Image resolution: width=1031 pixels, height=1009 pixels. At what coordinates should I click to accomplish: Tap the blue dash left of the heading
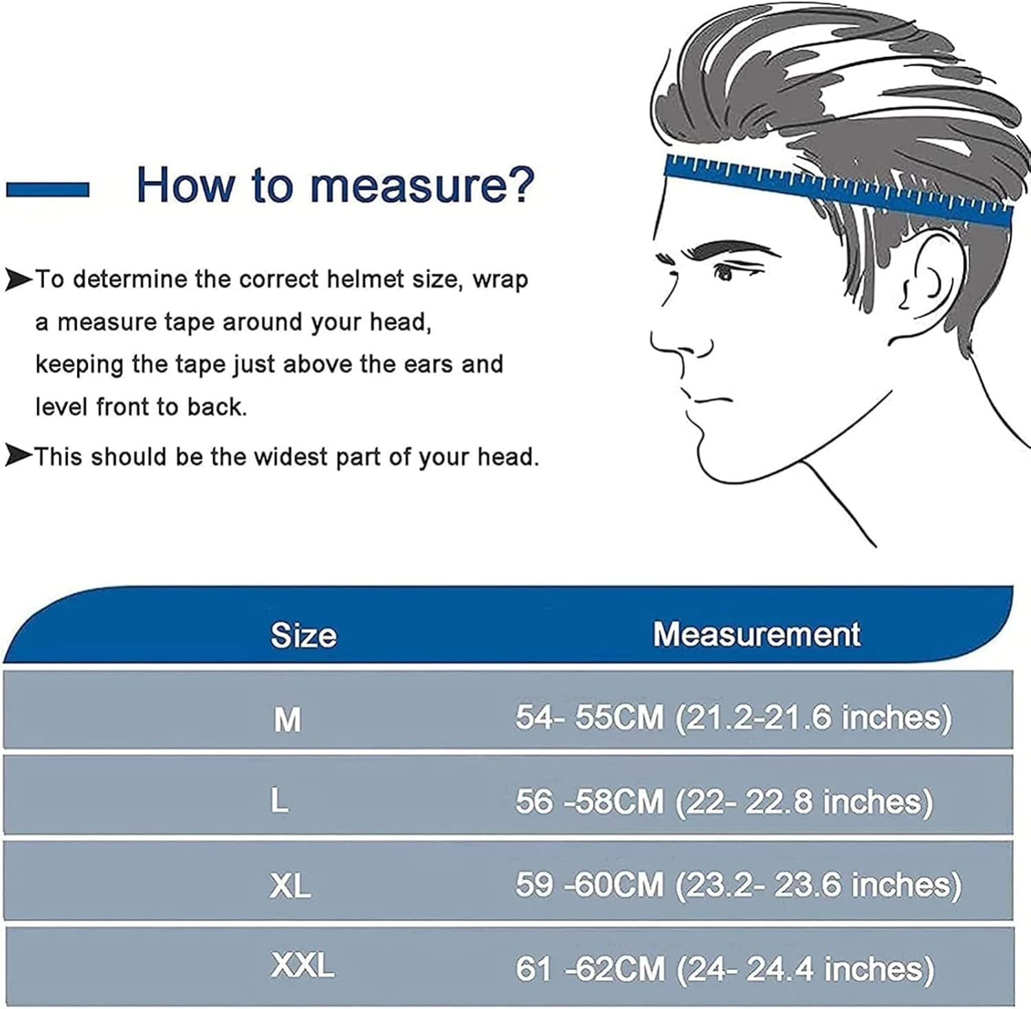click(x=47, y=190)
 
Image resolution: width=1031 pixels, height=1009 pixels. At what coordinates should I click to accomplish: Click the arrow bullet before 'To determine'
click(x=19, y=280)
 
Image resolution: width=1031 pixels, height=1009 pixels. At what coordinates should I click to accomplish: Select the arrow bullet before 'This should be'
click(x=19, y=455)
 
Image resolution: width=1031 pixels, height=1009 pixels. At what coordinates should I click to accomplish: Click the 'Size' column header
click(x=303, y=635)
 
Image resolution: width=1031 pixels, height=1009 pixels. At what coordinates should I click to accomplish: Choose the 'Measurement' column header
click(x=756, y=634)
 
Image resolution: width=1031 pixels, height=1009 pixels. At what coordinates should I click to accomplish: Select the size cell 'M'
click(x=287, y=720)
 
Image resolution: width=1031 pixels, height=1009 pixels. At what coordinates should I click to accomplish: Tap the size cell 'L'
click(x=279, y=800)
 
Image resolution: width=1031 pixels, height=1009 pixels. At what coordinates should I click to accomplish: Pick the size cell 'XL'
click(x=289, y=886)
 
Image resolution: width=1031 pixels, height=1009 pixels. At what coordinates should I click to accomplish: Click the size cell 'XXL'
click(x=302, y=966)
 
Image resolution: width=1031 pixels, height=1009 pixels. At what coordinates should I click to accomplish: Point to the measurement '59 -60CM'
click(x=590, y=885)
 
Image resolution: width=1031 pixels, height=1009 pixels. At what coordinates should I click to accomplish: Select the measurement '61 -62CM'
click(x=590, y=969)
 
